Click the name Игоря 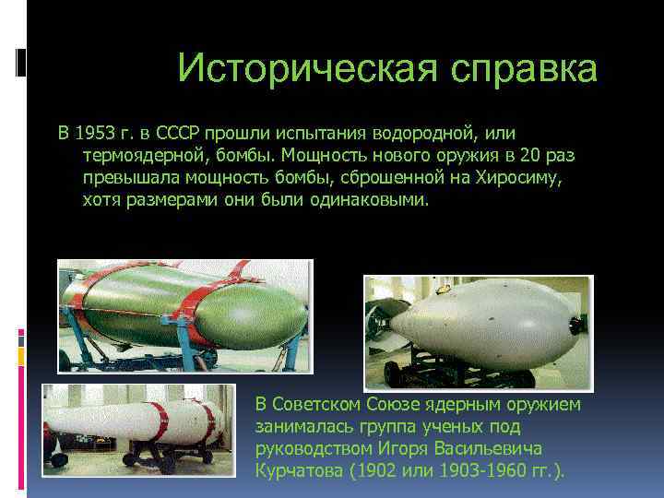pos(389,449)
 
